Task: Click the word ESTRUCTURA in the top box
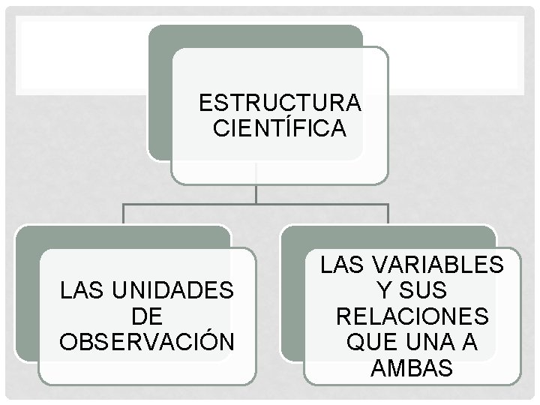(280, 101)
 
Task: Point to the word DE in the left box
(147, 315)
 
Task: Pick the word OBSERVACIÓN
(147, 340)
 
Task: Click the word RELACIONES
(412, 316)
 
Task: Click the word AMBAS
(412, 367)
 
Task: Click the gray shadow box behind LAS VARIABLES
(292, 300)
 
